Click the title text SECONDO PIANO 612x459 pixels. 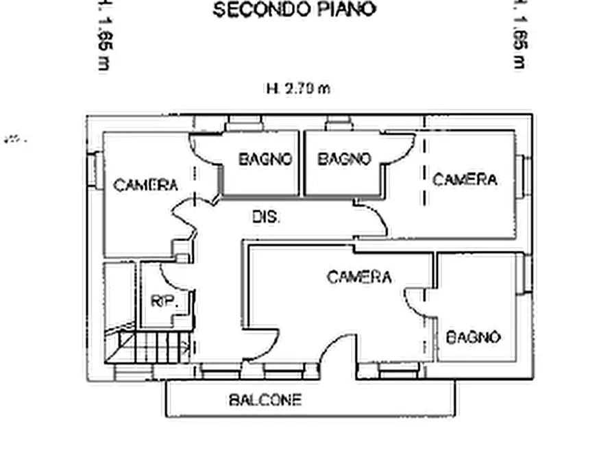[294, 10]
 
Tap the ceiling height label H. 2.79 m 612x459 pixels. [297, 88]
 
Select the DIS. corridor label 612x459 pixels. [266, 218]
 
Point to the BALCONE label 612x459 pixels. [265, 400]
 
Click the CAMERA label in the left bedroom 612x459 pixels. [145, 185]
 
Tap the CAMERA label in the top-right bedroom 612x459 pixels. [465, 180]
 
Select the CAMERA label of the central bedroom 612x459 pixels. [359, 277]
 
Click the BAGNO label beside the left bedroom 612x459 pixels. [265, 160]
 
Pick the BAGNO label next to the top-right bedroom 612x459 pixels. [344, 160]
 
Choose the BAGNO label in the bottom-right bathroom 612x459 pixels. [474, 337]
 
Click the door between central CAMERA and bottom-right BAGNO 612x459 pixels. [416, 301]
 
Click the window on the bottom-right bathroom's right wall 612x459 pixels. [527, 273]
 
